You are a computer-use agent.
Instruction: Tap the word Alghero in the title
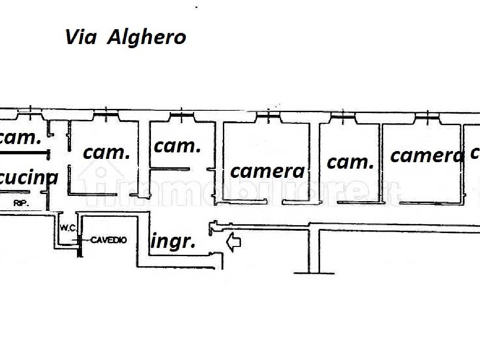click(146, 37)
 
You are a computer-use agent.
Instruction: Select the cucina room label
click(29, 177)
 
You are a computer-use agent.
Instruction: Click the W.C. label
click(66, 227)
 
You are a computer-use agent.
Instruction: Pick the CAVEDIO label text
click(109, 240)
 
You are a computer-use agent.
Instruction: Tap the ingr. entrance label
click(173, 241)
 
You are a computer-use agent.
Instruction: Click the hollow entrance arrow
click(233, 242)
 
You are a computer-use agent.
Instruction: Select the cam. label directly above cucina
click(20, 137)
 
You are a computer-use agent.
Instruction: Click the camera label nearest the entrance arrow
click(268, 171)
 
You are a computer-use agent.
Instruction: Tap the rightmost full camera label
click(428, 155)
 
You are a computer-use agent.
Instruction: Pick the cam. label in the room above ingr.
click(177, 145)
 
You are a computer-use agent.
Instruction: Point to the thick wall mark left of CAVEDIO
click(79, 243)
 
